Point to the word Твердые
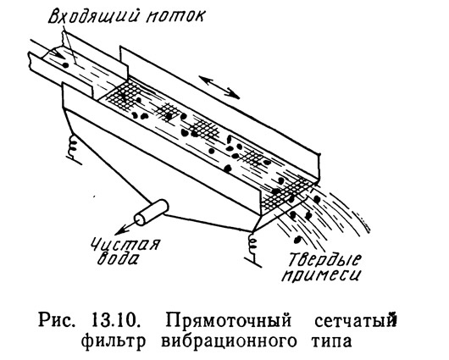[324, 258]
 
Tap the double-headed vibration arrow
[219, 87]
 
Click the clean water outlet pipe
[151, 213]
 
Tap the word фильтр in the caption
[113, 341]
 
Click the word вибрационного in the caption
[229, 341]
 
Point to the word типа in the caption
[331, 341]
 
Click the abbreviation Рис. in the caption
[56, 321]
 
